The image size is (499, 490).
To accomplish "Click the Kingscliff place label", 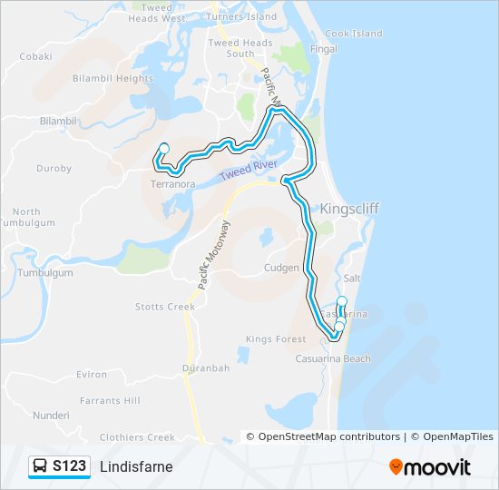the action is tap(349, 209).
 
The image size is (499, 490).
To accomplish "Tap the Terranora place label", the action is tap(172, 184).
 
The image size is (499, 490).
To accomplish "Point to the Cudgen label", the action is tap(281, 269).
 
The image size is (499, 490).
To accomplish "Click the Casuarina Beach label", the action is tap(333, 358).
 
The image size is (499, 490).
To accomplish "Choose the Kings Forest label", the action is tap(276, 339).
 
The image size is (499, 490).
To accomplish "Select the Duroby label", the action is tap(54, 168).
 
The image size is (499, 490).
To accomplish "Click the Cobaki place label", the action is tap(36, 55).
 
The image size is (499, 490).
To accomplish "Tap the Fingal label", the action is tap(324, 49).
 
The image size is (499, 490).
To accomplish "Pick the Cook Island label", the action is tap(354, 34).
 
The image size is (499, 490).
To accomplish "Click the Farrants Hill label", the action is tap(110, 400).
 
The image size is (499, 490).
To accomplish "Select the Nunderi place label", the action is tap(50, 415).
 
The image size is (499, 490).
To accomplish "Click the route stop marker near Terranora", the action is tap(164, 149).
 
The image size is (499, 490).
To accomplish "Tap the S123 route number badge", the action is tap(69, 466).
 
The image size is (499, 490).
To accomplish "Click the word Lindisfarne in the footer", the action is tap(136, 466).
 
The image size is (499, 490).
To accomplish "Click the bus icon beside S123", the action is tap(41, 466).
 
